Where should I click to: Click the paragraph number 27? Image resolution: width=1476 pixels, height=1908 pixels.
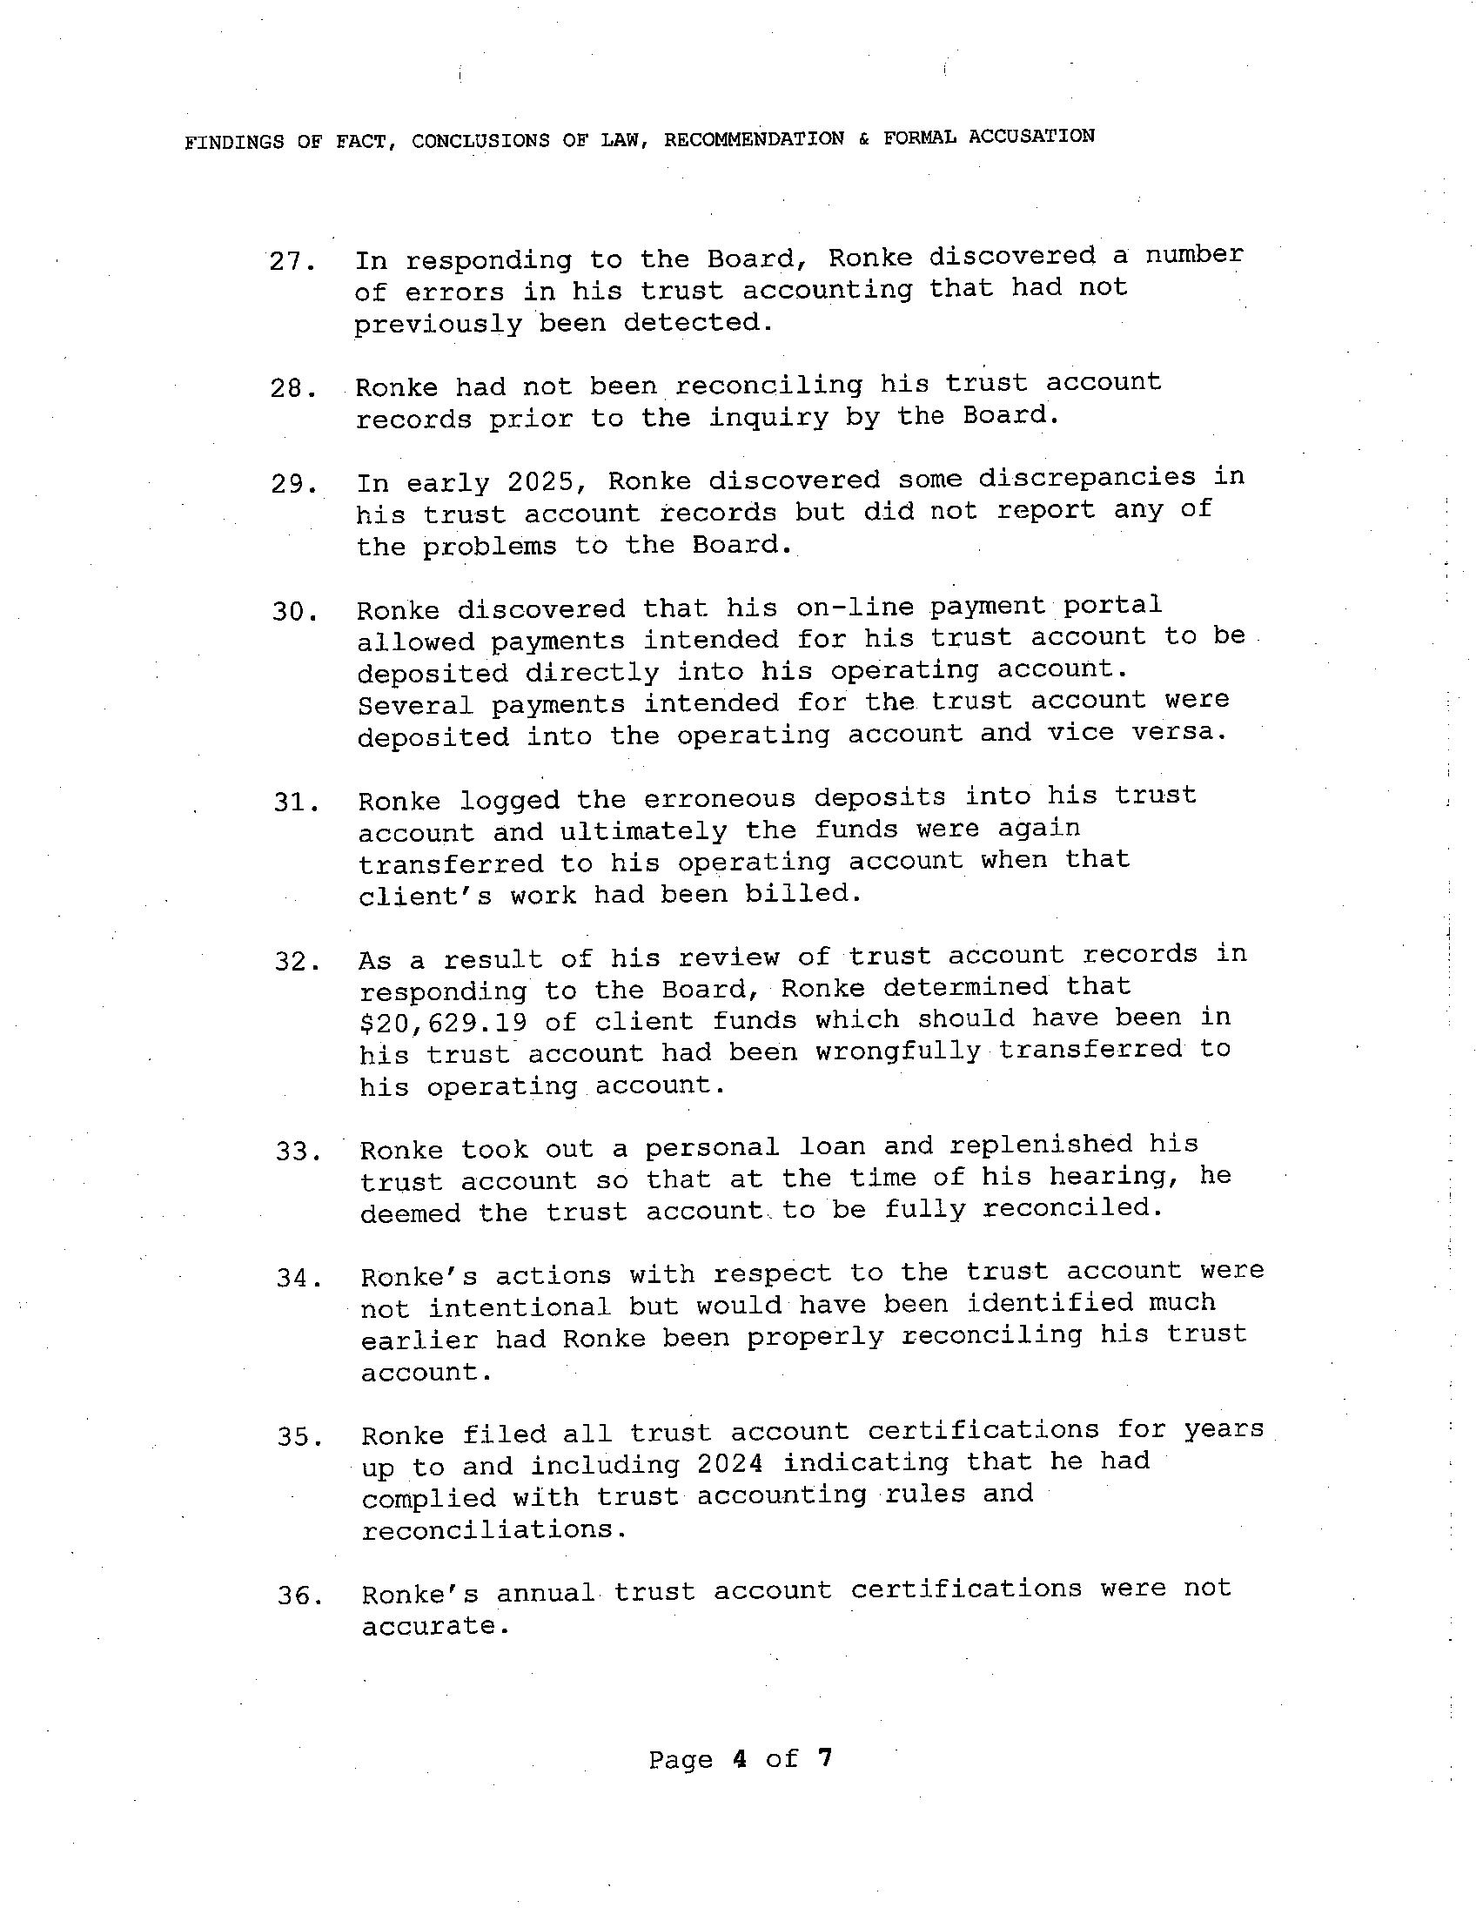291,261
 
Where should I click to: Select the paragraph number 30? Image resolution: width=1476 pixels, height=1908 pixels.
292,612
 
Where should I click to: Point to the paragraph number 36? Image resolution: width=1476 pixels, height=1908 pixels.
299,1596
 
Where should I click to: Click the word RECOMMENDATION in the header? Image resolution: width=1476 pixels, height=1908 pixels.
753,139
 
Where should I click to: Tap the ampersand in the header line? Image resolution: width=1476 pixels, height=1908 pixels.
864,138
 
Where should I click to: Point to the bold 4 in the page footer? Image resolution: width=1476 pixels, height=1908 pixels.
740,1757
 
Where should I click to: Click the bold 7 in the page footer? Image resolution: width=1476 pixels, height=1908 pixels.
823,1757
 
